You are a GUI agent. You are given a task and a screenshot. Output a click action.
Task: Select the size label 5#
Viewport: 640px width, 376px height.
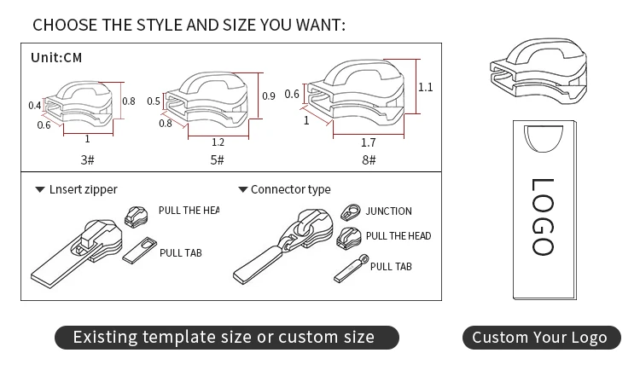[x=217, y=159]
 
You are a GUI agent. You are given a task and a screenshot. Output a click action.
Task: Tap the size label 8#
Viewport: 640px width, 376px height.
[x=368, y=159]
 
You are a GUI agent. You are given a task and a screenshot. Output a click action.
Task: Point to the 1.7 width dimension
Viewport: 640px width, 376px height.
[x=368, y=142]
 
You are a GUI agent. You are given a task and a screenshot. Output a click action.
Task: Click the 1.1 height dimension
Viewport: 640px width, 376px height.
[x=426, y=87]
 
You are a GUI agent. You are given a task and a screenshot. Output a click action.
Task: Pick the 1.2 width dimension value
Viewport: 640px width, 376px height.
[x=218, y=142]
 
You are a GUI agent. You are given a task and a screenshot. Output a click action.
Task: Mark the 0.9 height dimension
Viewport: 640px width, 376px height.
[x=269, y=96]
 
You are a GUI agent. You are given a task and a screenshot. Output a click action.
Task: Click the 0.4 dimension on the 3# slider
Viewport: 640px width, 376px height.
[x=34, y=106]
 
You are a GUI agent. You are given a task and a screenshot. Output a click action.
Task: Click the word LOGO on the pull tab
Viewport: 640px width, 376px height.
[x=544, y=217]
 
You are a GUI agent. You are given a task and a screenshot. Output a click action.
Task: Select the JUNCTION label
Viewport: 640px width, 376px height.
[x=388, y=211]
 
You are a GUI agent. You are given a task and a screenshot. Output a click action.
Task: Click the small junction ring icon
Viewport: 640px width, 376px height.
[x=350, y=211]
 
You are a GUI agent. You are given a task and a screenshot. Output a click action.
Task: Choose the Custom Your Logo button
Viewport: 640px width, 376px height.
[x=539, y=337]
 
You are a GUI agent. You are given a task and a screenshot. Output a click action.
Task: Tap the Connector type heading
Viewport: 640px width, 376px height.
[x=290, y=189]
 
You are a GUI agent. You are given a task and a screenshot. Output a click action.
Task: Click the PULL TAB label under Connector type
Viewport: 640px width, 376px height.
[x=391, y=267]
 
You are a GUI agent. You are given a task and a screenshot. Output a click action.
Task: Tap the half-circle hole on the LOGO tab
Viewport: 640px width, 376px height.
[x=543, y=139]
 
